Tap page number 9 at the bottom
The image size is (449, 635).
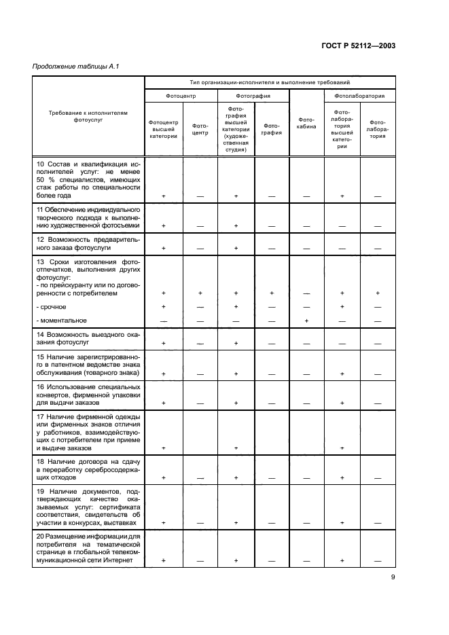point(392,577)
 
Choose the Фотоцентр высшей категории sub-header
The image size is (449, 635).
point(163,129)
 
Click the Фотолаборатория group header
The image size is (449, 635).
point(359,96)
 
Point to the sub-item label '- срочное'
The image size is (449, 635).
point(52,306)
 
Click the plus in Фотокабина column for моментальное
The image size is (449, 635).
point(306,321)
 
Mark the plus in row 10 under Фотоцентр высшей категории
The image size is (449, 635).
point(163,195)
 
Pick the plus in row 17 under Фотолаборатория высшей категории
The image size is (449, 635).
point(342,448)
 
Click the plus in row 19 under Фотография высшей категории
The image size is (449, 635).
point(236,522)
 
